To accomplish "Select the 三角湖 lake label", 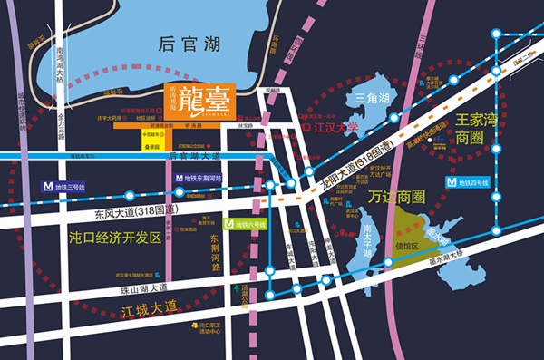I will pyautogui.click(x=372, y=98).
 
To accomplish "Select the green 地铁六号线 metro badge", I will pyautogui.click(x=245, y=223).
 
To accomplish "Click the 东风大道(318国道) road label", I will pyautogui.click(x=133, y=210).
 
